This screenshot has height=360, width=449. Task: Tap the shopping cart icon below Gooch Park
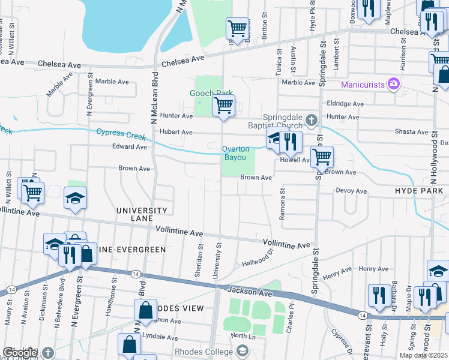tap(223, 106)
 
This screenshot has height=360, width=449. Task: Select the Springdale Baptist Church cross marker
tap(311, 120)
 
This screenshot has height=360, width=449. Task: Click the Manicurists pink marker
tap(394, 85)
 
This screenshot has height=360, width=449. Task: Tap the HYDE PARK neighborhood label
tap(419, 191)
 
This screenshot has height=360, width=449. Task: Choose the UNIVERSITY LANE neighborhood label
tap(142, 214)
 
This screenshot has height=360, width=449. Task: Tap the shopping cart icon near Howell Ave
tap(322, 158)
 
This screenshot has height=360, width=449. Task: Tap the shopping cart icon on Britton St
tap(238, 28)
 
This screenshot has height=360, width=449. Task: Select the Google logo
tap(20, 353)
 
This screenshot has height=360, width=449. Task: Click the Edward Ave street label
tap(130, 146)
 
